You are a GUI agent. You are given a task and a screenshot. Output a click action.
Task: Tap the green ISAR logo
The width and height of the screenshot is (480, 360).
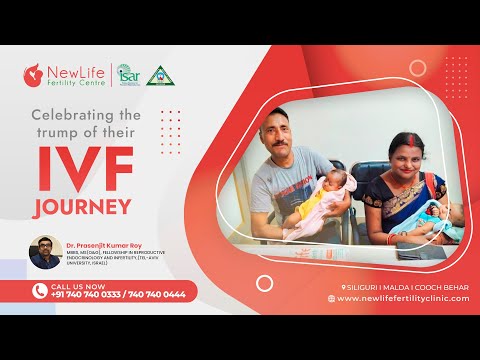(x=128, y=75)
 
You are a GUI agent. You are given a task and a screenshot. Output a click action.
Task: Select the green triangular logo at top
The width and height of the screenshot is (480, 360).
(x=159, y=75)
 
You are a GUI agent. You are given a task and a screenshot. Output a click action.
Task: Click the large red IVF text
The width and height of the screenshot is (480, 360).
(x=79, y=173)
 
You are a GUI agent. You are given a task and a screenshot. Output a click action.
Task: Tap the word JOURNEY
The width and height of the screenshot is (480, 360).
(x=81, y=209)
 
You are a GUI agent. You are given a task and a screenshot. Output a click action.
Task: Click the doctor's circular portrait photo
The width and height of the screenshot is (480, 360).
(x=43, y=252)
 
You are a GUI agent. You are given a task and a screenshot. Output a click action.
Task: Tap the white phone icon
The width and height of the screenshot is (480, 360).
(x=38, y=291)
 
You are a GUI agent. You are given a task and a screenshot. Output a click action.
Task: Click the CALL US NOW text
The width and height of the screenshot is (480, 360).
(x=73, y=285)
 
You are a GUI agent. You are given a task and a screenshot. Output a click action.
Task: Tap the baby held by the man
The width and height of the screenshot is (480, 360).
(x=309, y=195)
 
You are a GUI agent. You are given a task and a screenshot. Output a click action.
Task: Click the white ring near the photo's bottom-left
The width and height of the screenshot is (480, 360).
(x=264, y=283)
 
